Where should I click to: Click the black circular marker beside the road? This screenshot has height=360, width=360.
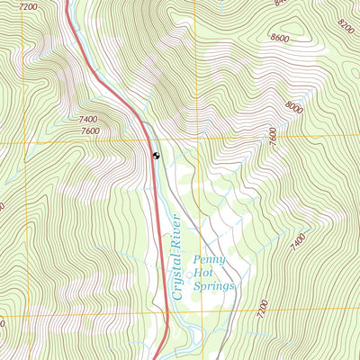[x=157, y=156]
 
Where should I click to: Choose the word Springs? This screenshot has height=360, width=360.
[x=213, y=286]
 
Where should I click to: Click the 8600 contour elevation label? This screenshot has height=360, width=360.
[x=280, y=39]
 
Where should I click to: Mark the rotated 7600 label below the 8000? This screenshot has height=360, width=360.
[x=273, y=136]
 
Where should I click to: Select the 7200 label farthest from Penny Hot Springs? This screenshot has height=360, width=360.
[x=29, y=6]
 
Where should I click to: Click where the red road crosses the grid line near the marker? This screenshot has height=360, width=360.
[x=148, y=142]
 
